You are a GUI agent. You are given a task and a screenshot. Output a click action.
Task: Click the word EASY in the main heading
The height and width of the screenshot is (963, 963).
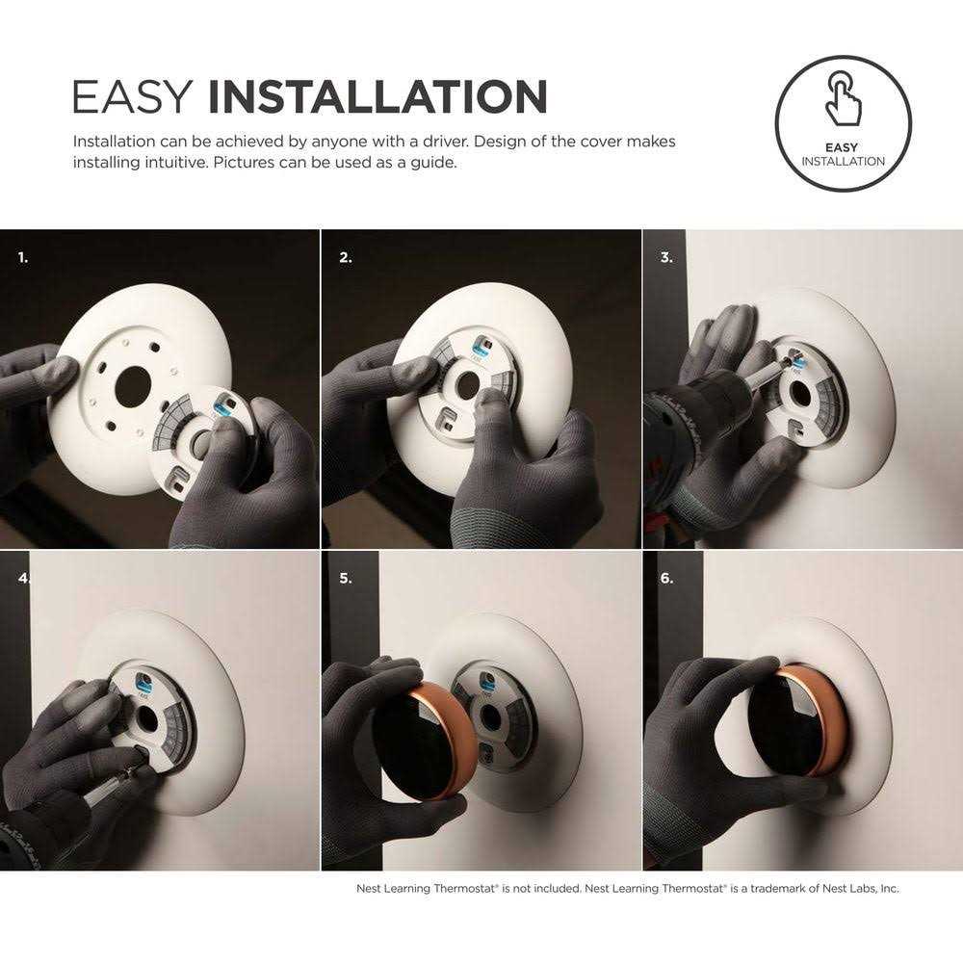[134, 98]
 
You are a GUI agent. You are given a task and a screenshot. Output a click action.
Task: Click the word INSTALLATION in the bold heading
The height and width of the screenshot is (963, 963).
[377, 98]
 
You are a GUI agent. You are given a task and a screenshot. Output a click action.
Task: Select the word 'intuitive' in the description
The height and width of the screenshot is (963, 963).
[168, 162]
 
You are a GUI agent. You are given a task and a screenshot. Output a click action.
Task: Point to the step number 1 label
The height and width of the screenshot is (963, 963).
[23, 258]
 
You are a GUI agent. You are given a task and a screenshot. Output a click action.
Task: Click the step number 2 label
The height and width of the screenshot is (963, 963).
[346, 258]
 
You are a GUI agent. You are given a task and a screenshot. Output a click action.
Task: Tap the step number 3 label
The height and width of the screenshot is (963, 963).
[666, 258]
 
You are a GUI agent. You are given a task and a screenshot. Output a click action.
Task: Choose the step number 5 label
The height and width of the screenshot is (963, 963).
[346, 579]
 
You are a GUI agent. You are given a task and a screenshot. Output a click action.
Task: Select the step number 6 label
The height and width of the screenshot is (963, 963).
[666, 579]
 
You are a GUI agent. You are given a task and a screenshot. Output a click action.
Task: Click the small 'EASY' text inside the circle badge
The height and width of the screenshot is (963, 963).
[843, 147]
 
